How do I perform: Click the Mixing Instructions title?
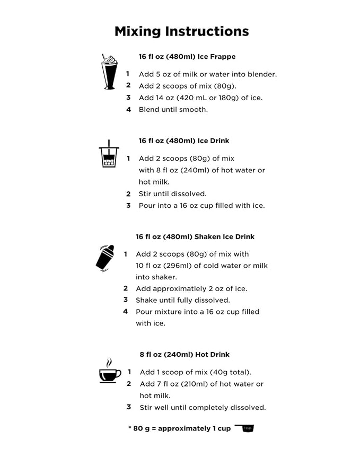pyautogui.click(x=181, y=31)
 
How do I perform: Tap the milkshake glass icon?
pyautogui.click(x=109, y=72)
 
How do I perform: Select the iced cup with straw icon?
pyautogui.click(x=109, y=155)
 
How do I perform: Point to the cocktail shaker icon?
pyautogui.click(x=105, y=258)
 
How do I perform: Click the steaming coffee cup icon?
pyautogui.click(x=110, y=371)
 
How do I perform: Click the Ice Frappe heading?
pyautogui.click(x=187, y=57)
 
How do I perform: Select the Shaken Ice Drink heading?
pyautogui.click(x=195, y=237)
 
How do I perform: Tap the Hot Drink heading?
pyautogui.click(x=185, y=355)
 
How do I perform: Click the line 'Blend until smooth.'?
pyautogui.click(x=173, y=110)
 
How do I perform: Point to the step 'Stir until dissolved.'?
pyautogui.click(x=173, y=194)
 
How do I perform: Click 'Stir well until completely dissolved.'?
pyautogui.click(x=203, y=408)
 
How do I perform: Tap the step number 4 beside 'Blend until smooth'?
pyautogui.click(x=128, y=110)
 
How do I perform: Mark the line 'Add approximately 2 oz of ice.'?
pyautogui.click(x=191, y=289)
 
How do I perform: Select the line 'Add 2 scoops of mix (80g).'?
pyautogui.click(x=188, y=86)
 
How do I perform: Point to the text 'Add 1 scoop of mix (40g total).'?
pyautogui.click(x=196, y=372)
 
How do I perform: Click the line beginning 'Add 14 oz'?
pyautogui.click(x=200, y=98)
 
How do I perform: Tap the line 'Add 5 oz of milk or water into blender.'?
pyautogui.click(x=208, y=74)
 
